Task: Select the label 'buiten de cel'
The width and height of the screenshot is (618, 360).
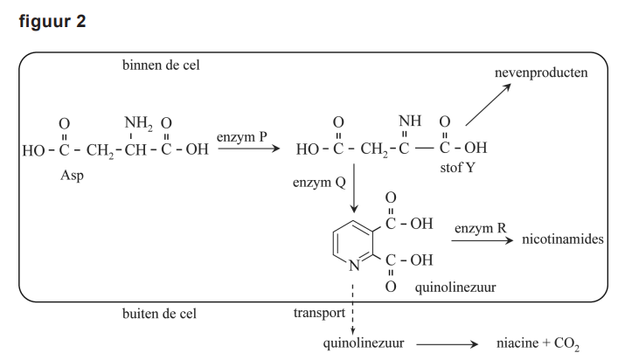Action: [x=160, y=312]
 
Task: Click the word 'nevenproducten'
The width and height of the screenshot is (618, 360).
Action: [x=541, y=72]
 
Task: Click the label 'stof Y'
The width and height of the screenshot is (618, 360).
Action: [x=459, y=168]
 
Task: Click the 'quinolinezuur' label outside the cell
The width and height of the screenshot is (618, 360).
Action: [x=363, y=343]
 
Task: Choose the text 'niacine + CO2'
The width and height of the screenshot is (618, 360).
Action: [x=538, y=343]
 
